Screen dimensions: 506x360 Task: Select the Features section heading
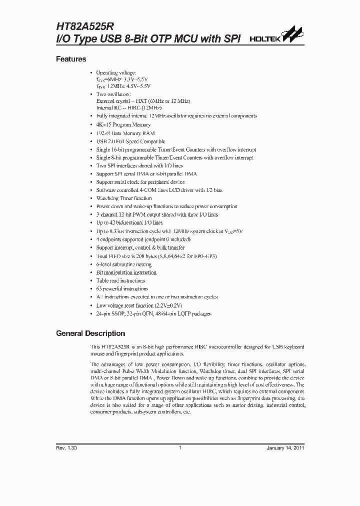(71, 59)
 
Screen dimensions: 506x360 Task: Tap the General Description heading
(90, 333)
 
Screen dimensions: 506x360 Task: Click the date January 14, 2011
(285, 447)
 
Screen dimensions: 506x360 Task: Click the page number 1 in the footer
(180, 447)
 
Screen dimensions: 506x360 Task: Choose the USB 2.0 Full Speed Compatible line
(130, 141)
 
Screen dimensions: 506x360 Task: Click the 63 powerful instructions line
(122, 288)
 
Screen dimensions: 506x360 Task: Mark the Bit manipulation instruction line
(126, 272)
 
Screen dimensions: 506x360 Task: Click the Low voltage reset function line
(139, 305)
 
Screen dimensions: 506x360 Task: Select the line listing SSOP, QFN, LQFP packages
(154, 313)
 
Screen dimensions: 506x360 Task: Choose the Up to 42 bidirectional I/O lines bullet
(129, 223)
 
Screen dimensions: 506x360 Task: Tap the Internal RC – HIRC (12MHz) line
(129, 107)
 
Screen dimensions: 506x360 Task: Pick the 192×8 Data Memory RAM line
(125, 133)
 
